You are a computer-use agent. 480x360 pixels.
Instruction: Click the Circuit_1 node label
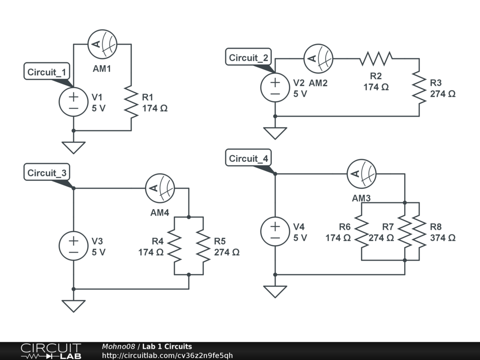click(47, 72)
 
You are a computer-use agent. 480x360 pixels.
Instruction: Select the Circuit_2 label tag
click(249, 58)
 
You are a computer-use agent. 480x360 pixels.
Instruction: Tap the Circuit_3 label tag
click(47, 172)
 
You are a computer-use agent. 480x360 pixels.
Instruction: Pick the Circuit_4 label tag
click(249, 158)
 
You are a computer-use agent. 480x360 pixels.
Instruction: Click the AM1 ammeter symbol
click(102, 44)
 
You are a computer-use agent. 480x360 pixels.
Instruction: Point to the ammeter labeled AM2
click(319, 59)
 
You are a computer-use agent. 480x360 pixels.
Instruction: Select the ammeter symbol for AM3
click(361, 174)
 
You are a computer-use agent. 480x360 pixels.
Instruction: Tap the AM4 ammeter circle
click(160, 188)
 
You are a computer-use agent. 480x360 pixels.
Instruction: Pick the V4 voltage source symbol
click(275, 232)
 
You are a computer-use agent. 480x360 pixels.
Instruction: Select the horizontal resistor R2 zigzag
click(376, 59)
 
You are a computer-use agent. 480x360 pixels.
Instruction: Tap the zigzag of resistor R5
click(203, 246)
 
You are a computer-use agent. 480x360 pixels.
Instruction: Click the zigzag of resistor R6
click(361, 232)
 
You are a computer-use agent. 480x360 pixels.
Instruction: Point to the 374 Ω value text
click(442, 238)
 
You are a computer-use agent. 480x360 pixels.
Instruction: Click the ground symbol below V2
click(275, 133)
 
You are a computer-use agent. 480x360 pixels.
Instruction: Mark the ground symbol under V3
click(74, 306)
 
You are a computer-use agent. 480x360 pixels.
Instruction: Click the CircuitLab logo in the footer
click(51, 351)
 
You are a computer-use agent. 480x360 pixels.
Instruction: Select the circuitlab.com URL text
click(167, 355)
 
